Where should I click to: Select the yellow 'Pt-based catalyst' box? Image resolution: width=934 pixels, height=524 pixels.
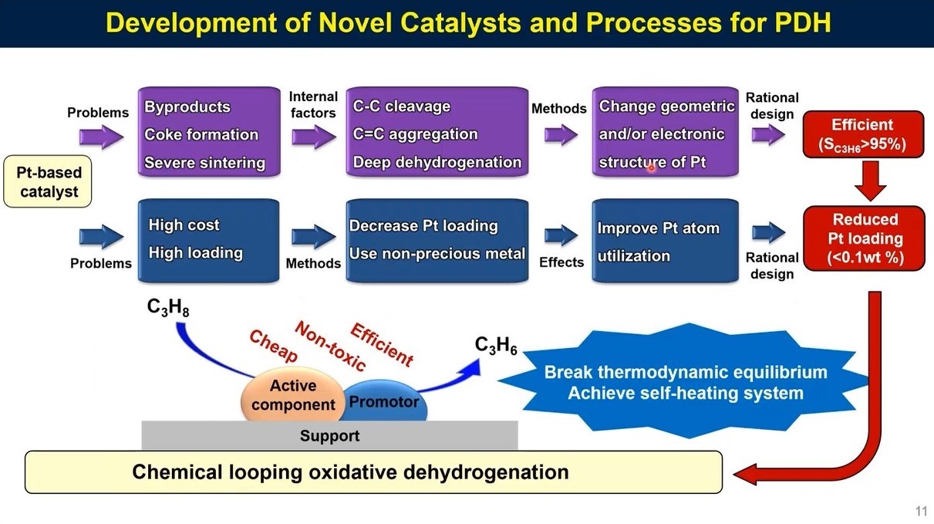click(x=49, y=182)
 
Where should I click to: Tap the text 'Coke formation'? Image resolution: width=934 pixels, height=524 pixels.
click(x=201, y=134)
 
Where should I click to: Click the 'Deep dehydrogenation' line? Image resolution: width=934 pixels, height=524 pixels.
click(x=437, y=162)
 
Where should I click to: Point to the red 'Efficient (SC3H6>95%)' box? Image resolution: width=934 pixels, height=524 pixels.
click(x=862, y=134)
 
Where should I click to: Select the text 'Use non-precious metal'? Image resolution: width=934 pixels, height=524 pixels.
click(x=437, y=253)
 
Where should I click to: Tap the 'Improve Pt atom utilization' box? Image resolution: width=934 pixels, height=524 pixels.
click(x=665, y=241)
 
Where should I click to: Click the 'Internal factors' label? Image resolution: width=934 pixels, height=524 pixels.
click(x=313, y=105)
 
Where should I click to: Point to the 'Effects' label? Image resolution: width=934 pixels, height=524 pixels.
click(x=561, y=262)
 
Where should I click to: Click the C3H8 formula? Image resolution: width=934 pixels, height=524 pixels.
click(x=168, y=309)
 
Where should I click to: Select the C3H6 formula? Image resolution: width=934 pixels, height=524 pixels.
click(x=495, y=347)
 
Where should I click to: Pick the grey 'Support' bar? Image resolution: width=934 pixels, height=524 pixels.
click(x=329, y=436)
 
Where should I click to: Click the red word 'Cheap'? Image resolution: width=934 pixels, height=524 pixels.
click(x=272, y=346)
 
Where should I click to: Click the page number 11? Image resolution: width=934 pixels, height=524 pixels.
click(x=920, y=511)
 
